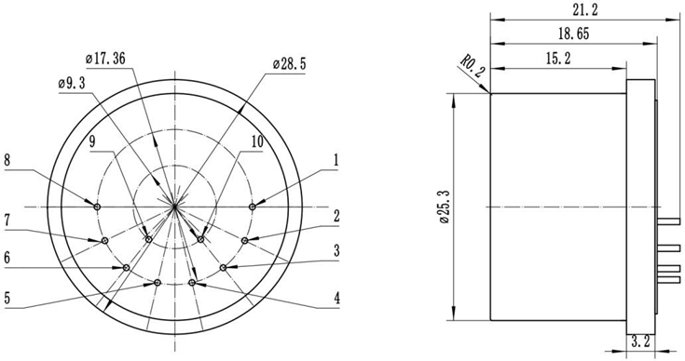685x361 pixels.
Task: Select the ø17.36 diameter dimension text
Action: click(x=104, y=59)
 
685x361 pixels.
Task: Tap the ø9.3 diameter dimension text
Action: click(x=75, y=83)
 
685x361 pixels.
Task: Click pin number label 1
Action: click(x=336, y=160)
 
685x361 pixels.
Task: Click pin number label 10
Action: click(x=256, y=142)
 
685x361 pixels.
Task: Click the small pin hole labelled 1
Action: click(x=253, y=205)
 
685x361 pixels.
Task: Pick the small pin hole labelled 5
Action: click(x=158, y=281)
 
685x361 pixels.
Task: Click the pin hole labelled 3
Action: click(x=224, y=268)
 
